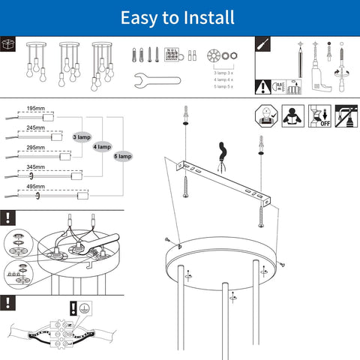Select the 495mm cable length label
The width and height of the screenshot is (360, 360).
pos(35,185)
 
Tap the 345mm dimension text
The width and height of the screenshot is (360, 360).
pos(35,166)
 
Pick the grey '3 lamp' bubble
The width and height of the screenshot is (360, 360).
pos(82,138)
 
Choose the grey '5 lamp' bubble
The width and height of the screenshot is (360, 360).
pos(122,156)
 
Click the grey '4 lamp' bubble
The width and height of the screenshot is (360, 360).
pos(102,147)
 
